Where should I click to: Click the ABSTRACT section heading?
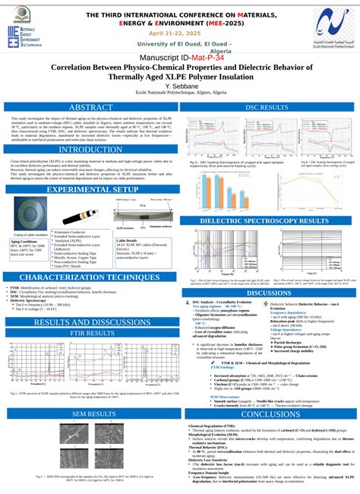tap(90, 108)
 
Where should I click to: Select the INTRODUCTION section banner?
tap(90, 150)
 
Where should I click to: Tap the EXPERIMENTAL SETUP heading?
tap(90, 189)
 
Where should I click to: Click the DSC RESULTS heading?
tap(269, 108)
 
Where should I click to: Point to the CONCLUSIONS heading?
tap(269, 414)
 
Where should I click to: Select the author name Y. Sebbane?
tap(180, 86)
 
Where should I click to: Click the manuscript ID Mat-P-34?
tap(201, 57)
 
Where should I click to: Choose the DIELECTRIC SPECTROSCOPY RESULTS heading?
tap(269, 221)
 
